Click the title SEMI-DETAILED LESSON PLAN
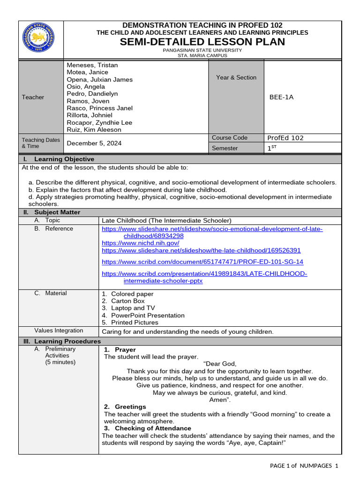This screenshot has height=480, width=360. (x=202, y=42)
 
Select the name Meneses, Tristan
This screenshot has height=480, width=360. (x=92, y=65)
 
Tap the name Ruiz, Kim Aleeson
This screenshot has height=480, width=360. (x=94, y=130)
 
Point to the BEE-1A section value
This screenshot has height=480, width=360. (x=281, y=97)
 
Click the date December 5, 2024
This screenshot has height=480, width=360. (x=95, y=143)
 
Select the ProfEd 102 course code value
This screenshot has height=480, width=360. (x=285, y=138)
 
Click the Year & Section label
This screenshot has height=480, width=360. (x=236, y=77)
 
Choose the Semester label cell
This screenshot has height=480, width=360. (x=225, y=148)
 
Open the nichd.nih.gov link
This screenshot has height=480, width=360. (x=141, y=243)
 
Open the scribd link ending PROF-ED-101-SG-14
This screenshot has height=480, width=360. (x=202, y=262)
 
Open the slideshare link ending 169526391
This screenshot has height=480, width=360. (x=201, y=251)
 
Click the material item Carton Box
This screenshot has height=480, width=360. (x=128, y=301)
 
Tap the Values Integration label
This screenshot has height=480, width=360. (x=59, y=330)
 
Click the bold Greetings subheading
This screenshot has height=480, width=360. (x=130, y=406)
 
